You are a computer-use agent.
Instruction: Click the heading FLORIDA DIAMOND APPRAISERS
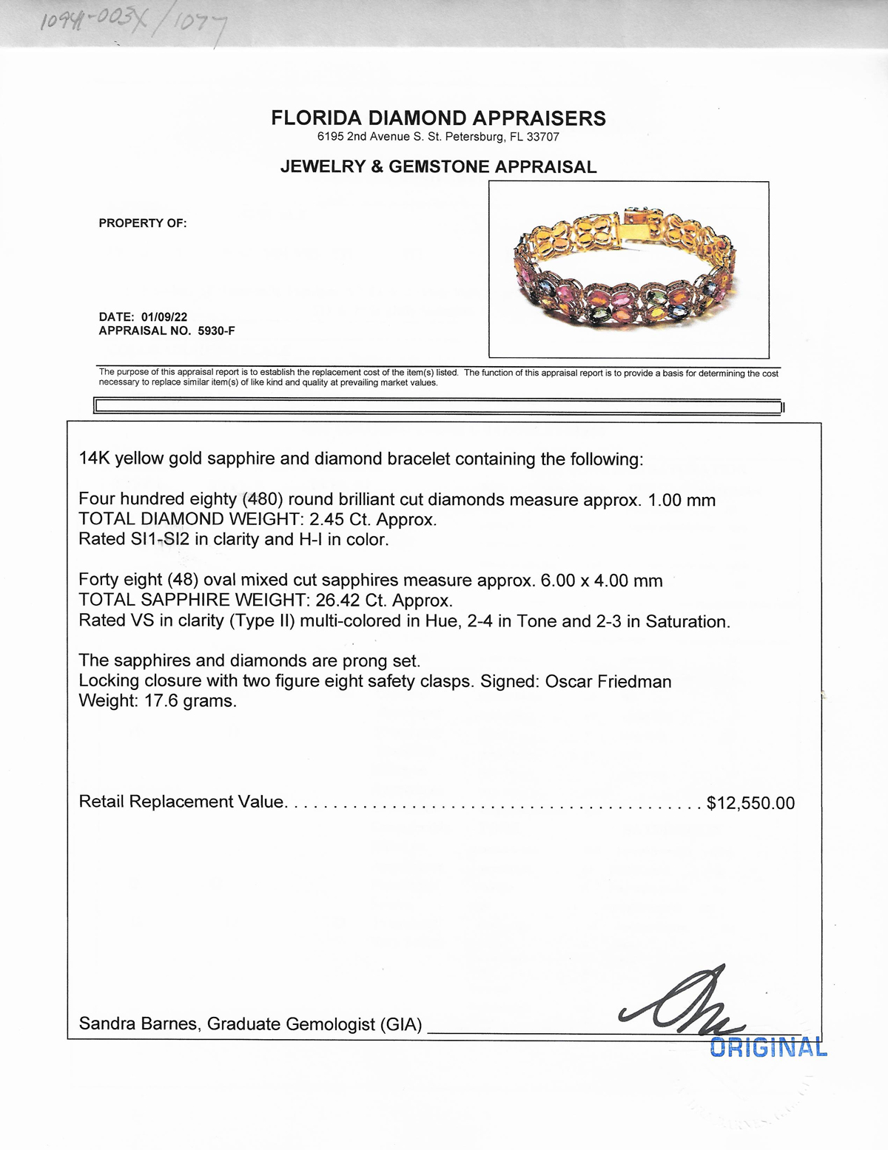pos(438,118)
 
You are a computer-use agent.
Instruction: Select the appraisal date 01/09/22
pos(164,317)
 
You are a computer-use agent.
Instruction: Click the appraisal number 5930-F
pos(216,331)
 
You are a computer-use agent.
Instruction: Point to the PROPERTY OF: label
pos(143,223)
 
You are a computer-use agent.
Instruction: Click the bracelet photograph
pos(628,270)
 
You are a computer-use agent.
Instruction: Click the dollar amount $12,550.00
pos(750,803)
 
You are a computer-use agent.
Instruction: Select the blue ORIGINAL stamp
pos(768,1047)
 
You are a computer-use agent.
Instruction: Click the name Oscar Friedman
pos(608,681)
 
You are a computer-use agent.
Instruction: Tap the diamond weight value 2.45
pos(326,519)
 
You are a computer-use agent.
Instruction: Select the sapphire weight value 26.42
pos(337,600)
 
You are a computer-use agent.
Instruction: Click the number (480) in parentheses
pos(263,500)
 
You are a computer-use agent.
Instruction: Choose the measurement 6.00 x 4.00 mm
pos(601,581)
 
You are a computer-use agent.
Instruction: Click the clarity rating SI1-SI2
pos(161,539)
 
